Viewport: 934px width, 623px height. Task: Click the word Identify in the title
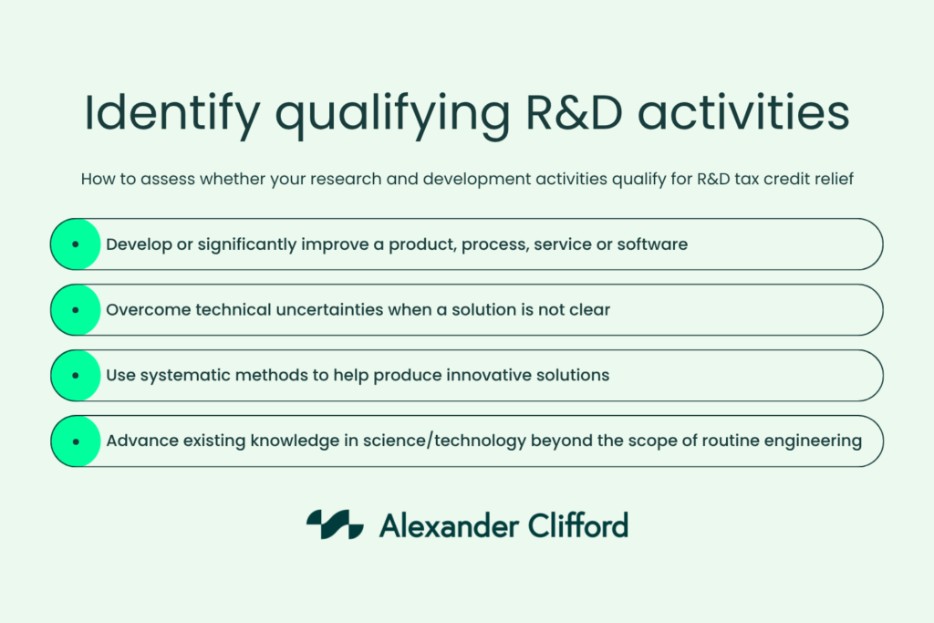(172, 114)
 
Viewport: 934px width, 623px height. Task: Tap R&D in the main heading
(574, 112)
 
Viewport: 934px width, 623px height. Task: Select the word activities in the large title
(743, 112)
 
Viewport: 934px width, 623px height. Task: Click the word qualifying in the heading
(392, 116)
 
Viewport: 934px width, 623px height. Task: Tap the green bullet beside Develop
(75, 244)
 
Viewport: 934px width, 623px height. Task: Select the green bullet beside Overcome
(75, 310)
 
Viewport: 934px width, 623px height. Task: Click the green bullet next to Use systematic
(75, 375)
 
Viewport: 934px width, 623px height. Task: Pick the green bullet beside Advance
(75, 441)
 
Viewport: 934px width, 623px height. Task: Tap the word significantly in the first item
(246, 244)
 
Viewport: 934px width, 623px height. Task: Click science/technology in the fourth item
(444, 441)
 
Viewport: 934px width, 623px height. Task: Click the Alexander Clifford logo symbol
(335, 524)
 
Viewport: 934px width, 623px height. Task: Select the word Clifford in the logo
(577, 525)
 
